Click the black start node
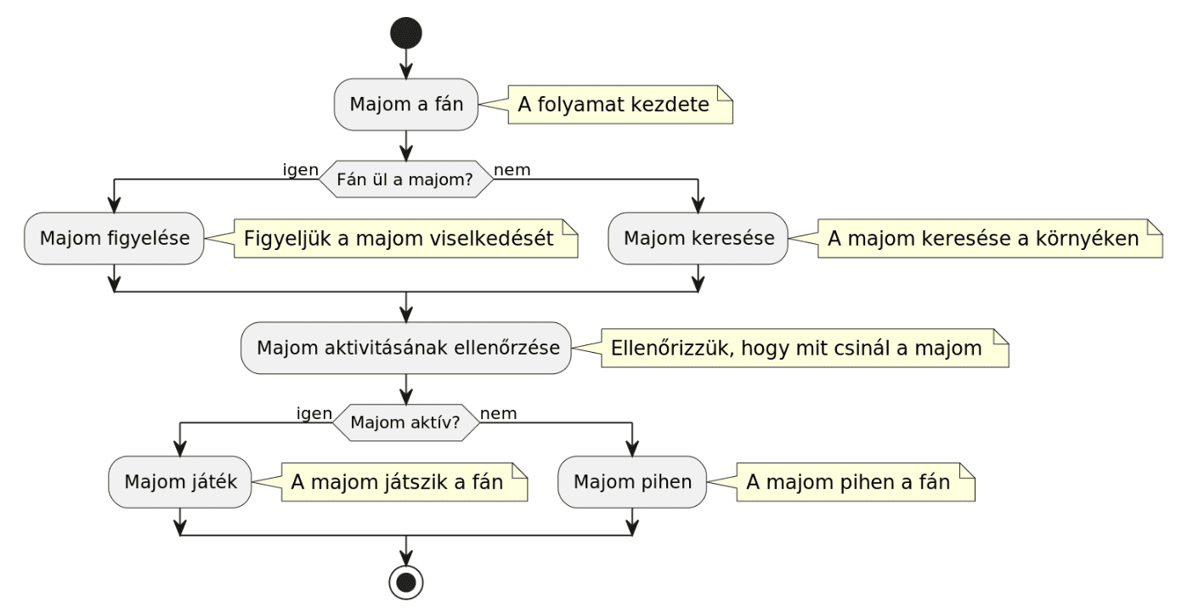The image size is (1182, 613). point(406,32)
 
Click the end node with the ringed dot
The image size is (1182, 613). point(406,582)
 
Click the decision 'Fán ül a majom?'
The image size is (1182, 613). point(406,179)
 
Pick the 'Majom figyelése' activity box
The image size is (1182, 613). point(113,238)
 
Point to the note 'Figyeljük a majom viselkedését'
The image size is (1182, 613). point(405,239)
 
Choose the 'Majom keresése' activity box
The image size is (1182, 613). point(698,238)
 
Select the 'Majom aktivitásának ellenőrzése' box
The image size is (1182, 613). point(406,348)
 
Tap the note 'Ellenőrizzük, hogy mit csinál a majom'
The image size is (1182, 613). point(804,349)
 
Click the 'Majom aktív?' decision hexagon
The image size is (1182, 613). point(406,423)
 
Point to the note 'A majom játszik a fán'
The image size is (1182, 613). point(404,481)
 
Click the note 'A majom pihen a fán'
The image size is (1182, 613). point(854,481)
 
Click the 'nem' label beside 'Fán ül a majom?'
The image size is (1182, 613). point(512,170)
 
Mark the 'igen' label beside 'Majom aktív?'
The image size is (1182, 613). point(314,413)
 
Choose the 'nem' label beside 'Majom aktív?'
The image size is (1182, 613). point(499,413)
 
